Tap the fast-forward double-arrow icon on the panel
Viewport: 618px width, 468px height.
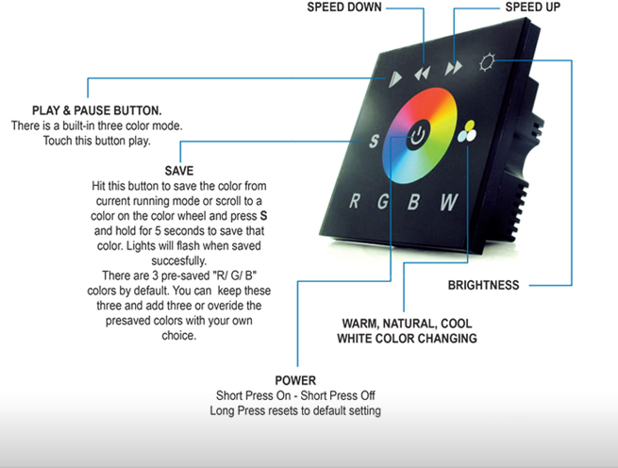pos(455,66)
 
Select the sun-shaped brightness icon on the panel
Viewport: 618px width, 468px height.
pos(488,63)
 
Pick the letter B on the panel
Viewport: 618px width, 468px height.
pos(413,200)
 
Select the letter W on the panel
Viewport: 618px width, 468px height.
pos(449,200)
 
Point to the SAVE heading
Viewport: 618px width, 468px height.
pos(178,171)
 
